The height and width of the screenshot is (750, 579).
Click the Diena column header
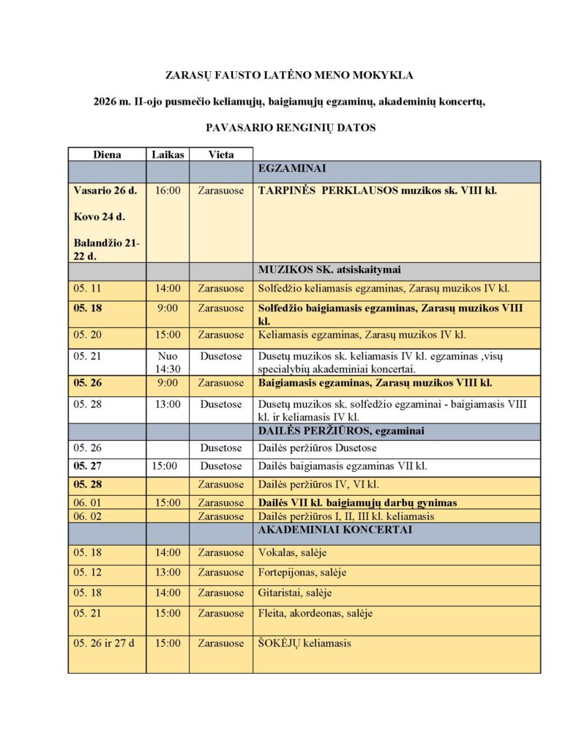point(107,155)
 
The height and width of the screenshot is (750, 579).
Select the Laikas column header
point(168,155)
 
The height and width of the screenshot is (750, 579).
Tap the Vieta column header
point(221,155)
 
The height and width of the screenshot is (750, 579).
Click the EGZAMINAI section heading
point(291,168)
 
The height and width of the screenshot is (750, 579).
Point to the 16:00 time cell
point(168,190)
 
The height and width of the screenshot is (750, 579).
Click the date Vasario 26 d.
point(105,190)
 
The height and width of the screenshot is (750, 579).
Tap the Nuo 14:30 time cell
point(168,362)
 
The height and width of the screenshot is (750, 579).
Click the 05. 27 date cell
point(86,466)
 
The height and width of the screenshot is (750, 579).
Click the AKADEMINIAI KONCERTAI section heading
point(335,530)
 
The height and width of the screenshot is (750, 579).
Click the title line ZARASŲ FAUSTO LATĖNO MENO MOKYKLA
point(290,75)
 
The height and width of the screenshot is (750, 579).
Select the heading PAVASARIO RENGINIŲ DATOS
point(290,127)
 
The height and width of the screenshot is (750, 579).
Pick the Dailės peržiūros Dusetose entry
point(316,448)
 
